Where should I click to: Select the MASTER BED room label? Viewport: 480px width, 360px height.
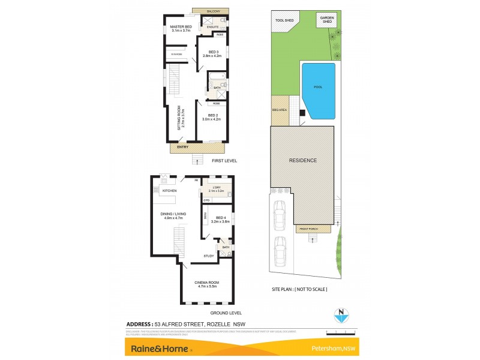pos(181,27)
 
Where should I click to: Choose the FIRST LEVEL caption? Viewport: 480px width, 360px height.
pos(225,161)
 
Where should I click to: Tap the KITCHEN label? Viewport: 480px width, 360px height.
pos(169,191)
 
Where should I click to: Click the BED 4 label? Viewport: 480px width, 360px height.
pos(220,218)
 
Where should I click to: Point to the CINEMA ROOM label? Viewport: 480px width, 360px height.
pos(205,281)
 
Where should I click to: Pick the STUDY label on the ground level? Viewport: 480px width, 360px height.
pos(209,256)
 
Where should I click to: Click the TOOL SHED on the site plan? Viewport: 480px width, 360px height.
pos(284,20)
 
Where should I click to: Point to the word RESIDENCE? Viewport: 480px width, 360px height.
pos(303,160)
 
